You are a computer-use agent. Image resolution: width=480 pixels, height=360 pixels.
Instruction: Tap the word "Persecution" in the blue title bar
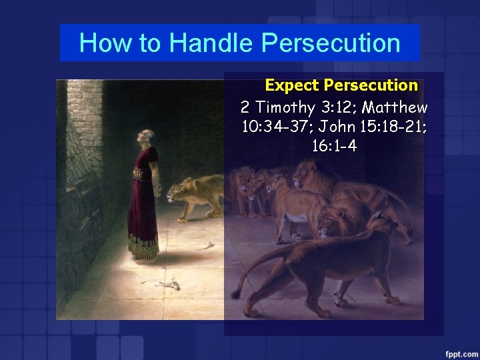[x=331, y=43]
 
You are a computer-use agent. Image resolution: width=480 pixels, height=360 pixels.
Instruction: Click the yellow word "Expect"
[x=292, y=85]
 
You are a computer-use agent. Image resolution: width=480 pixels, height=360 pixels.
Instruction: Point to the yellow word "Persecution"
[x=371, y=85]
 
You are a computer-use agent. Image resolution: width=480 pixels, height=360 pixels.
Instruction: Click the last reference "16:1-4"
[x=334, y=145]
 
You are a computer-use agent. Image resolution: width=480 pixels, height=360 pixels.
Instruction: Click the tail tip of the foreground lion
[x=235, y=294]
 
